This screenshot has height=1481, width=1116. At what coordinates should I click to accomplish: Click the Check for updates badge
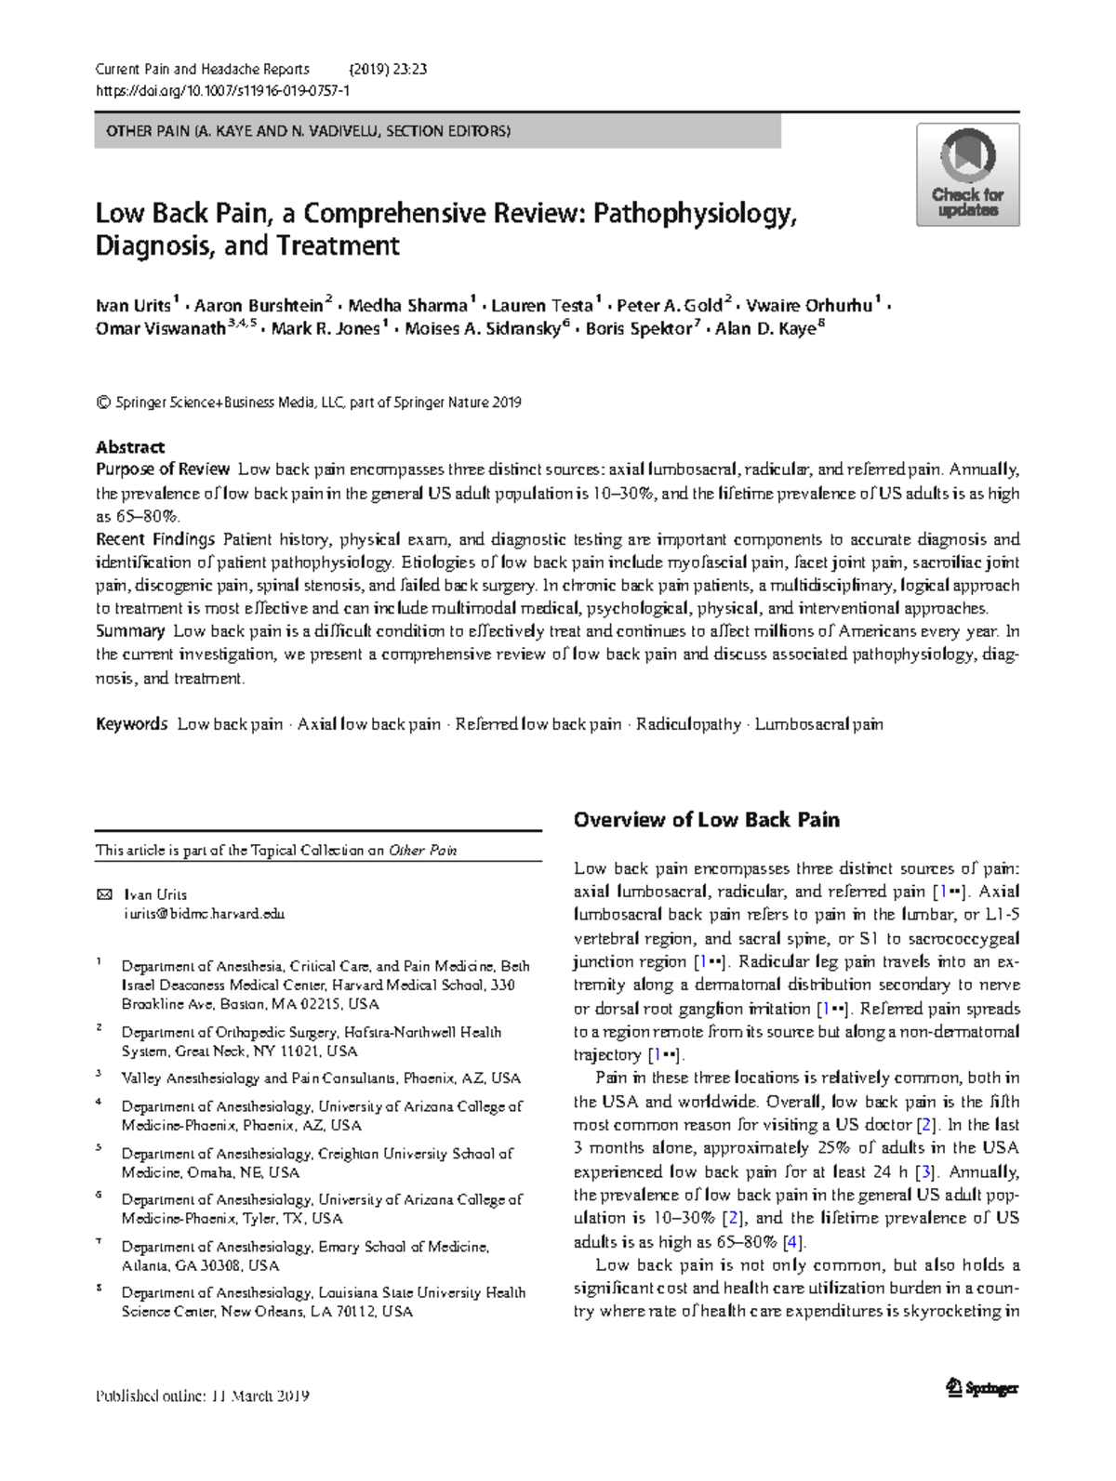point(968,175)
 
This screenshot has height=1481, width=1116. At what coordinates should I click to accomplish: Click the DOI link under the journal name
point(223,91)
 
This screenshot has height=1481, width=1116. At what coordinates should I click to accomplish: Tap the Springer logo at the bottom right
point(982,1388)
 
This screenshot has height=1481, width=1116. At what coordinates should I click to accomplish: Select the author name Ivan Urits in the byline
point(133,306)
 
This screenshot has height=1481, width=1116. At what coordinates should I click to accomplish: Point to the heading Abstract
point(130,446)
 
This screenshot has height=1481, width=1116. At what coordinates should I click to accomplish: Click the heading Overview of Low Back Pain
point(706,819)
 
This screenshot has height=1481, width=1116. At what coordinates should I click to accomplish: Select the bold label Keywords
point(131,724)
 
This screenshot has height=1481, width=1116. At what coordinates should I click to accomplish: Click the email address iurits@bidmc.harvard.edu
point(204,914)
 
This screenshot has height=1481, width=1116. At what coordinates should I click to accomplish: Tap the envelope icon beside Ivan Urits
point(103,894)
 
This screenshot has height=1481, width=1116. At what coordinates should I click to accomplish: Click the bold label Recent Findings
point(155,539)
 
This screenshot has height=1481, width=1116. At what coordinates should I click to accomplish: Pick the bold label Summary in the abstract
point(130,631)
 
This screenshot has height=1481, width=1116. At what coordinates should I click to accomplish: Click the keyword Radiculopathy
point(688,724)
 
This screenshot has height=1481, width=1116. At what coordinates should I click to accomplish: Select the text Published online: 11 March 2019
point(202,1396)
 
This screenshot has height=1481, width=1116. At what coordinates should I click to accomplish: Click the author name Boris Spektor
point(639,328)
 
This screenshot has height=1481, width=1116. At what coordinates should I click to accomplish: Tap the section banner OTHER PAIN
point(308,131)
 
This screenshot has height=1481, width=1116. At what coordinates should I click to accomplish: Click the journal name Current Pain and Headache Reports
point(203,69)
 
